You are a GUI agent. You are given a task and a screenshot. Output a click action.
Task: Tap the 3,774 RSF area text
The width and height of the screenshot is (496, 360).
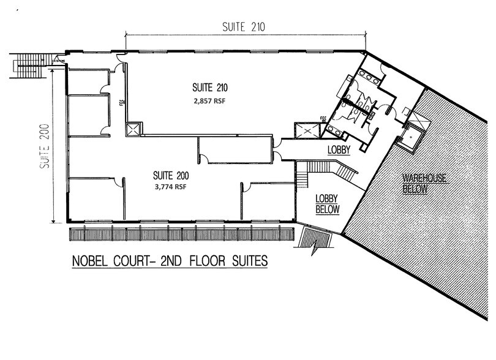(171, 188)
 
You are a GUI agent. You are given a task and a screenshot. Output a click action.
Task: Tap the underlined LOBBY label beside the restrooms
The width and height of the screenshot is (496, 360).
(337, 149)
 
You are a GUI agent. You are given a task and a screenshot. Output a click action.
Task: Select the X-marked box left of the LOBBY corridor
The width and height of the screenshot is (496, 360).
(304, 130)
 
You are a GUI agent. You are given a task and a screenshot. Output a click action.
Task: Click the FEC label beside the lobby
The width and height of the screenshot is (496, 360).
(323, 118)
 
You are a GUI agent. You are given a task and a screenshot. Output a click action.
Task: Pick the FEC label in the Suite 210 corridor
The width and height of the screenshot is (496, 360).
(121, 101)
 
